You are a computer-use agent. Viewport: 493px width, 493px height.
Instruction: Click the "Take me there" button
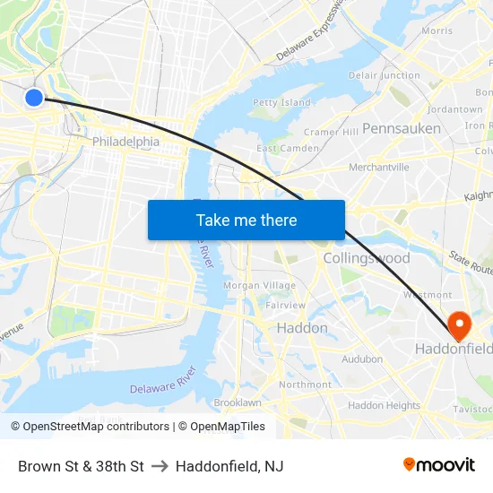(246, 220)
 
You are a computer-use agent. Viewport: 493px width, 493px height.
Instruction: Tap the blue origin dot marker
(33, 98)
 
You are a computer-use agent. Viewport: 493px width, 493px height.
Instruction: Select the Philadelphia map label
(125, 142)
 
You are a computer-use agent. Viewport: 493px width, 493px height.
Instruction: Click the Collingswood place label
(367, 258)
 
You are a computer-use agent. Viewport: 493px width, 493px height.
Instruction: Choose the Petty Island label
(281, 103)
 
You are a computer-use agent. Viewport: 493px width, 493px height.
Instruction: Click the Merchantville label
(378, 167)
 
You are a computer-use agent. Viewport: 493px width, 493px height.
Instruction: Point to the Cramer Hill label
(331, 132)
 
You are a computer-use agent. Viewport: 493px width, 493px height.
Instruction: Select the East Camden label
(288, 148)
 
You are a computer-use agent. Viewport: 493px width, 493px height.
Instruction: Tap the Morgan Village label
(259, 285)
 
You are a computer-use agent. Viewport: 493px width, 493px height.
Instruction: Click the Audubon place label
(362, 359)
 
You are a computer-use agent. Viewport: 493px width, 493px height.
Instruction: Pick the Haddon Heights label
(384, 405)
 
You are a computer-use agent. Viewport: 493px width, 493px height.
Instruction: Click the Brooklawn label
(238, 402)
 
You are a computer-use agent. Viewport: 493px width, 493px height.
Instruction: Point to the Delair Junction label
(384, 76)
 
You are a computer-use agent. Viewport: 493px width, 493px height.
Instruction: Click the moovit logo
(439, 465)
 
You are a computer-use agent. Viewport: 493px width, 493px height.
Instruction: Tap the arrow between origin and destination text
(160, 466)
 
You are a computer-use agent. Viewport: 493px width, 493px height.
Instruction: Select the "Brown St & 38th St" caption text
(81, 466)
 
